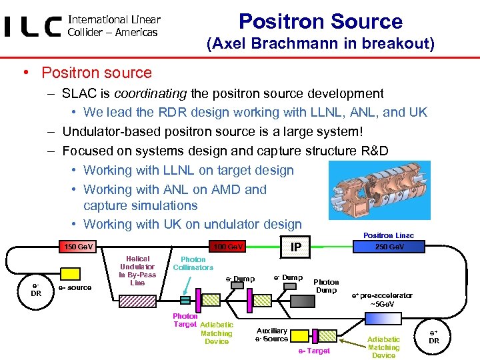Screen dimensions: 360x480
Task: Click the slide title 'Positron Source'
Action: click(320, 21)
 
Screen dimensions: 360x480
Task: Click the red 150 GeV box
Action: click(78, 247)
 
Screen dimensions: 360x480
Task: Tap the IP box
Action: click(296, 247)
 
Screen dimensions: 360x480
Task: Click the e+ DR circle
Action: click(434, 337)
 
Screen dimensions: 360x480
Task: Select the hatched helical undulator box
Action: click(139, 301)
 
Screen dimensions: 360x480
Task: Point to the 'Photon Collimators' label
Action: click(193, 263)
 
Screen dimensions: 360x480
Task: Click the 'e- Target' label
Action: click(313, 351)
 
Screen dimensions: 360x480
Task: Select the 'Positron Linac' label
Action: click(388, 235)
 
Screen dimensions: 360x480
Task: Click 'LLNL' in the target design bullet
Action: click(179, 171)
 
